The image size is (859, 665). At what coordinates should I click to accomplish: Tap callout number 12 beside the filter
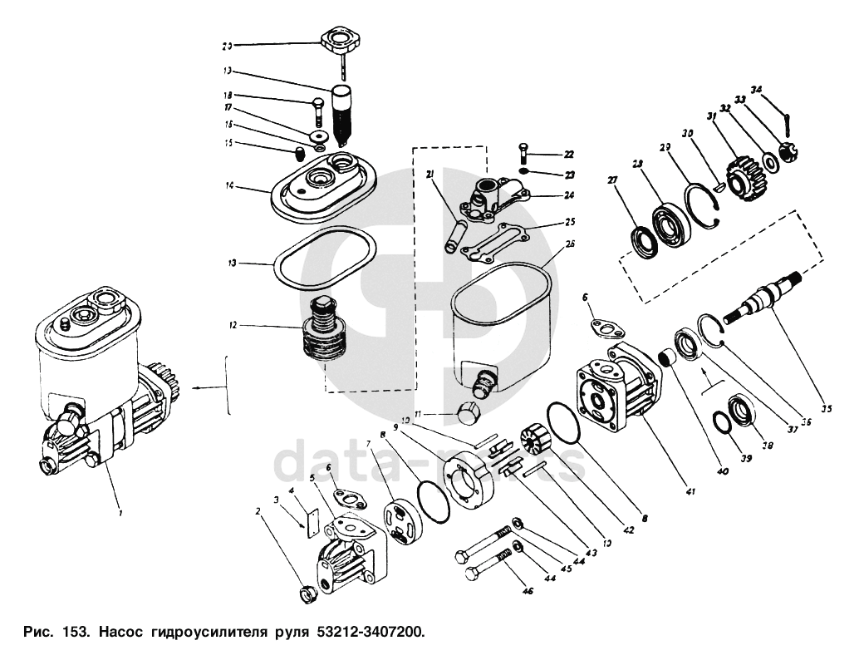coord(233,326)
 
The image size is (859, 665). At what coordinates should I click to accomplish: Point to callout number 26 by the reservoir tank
coord(569,244)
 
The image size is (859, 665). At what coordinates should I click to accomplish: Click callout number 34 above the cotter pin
coord(755,90)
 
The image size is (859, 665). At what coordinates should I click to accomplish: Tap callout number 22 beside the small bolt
coord(567,155)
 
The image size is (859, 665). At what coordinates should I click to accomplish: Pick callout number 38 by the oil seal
coord(768,446)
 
